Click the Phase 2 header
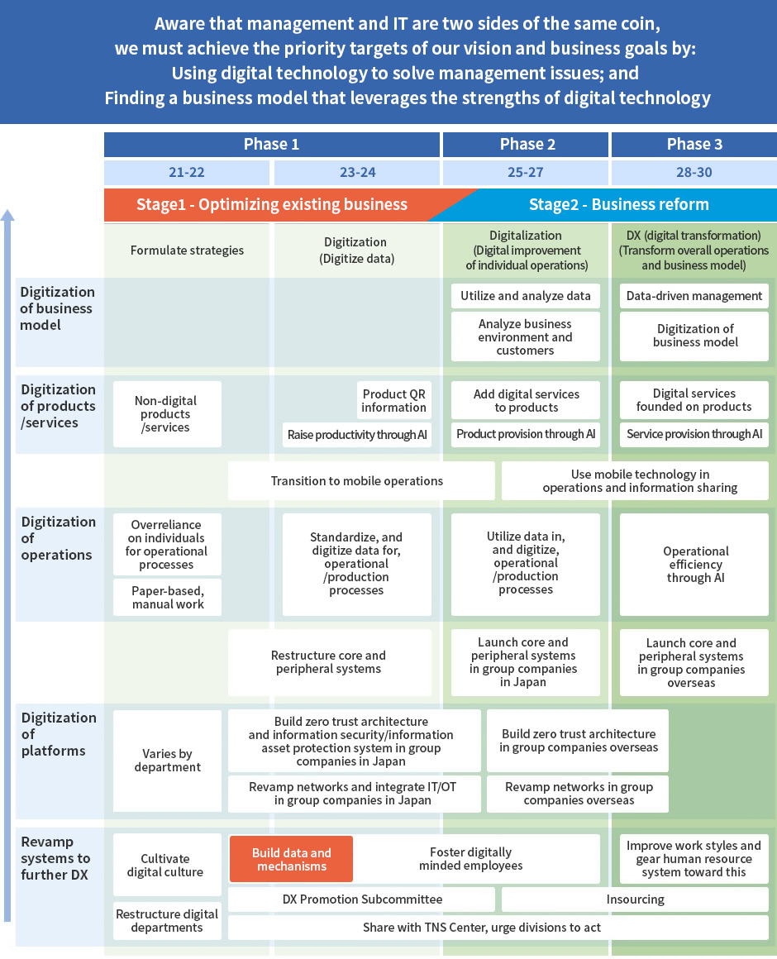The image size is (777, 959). [526, 145]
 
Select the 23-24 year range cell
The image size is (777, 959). [357, 173]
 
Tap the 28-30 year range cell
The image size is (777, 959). [694, 173]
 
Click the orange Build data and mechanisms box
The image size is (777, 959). [292, 859]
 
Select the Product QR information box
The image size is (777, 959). [393, 401]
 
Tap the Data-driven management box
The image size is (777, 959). [694, 296]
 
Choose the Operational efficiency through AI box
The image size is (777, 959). [694, 565]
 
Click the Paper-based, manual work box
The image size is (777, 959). [168, 598]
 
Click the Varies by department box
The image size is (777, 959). [168, 761]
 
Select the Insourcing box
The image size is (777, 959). [635, 899]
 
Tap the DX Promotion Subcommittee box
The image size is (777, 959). [361, 899]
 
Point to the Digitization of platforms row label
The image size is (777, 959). [59, 734]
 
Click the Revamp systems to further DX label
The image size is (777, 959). [55, 858]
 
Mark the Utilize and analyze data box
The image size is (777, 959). [526, 296]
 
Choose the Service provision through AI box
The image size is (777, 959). [694, 434]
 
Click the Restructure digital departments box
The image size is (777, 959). [168, 920]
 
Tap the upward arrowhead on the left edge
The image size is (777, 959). [7, 215]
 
